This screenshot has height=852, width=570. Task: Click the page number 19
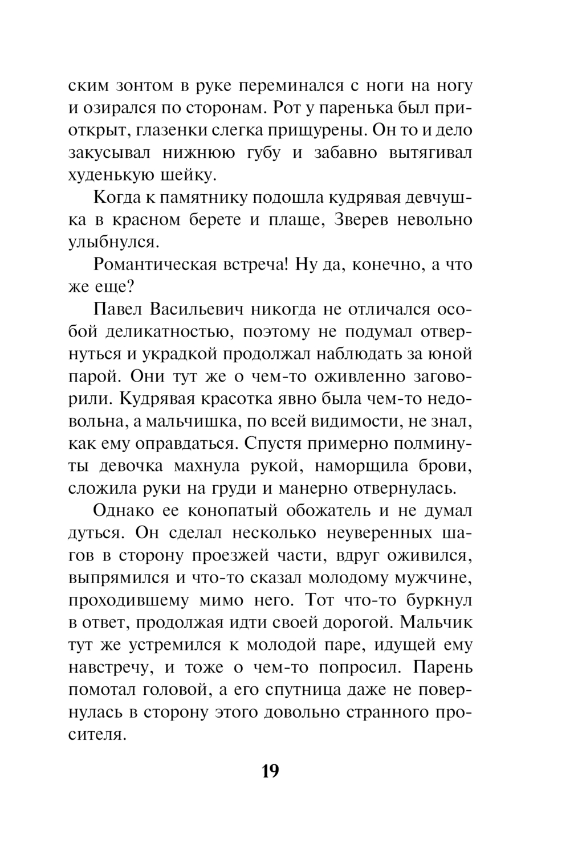click(271, 772)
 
